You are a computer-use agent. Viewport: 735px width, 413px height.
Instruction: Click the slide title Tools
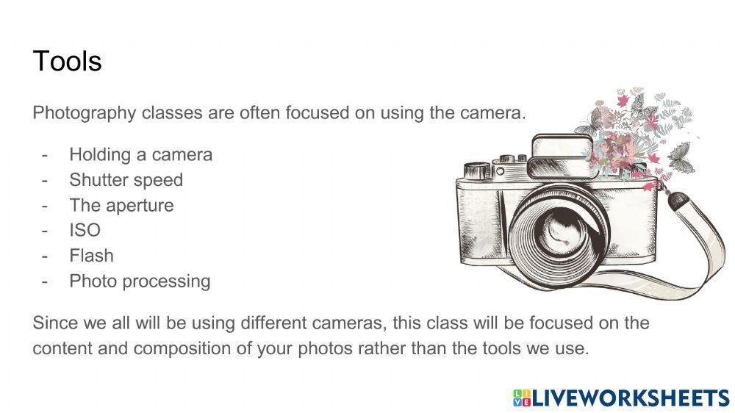tap(67, 61)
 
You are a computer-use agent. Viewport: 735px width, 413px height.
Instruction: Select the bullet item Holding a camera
tap(140, 154)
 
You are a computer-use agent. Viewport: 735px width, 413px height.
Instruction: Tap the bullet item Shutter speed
tap(126, 180)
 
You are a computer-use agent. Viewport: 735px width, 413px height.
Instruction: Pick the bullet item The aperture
tap(121, 205)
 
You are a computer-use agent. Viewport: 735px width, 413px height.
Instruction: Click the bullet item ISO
tap(85, 230)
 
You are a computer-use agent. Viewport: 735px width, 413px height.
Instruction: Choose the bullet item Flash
tap(91, 256)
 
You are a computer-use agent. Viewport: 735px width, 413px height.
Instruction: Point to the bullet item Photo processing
tap(140, 281)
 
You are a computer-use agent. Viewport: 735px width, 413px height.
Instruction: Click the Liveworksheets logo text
tap(629, 398)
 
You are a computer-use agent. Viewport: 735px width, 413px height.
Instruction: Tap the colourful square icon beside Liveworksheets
tap(521, 398)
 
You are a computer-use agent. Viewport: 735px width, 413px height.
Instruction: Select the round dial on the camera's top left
tap(476, 170)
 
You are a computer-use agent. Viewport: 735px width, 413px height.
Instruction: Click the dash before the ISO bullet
tap(46, 230)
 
